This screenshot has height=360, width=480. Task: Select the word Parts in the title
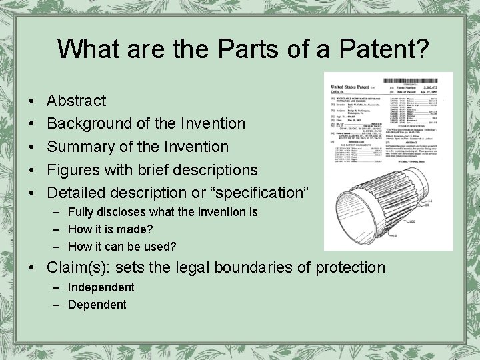(x=212, y=49)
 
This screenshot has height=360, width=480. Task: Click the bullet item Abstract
(x=76, y=101)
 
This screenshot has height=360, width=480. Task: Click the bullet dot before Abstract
(x=33, y=101)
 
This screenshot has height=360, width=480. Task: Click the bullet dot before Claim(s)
(x=33, y=268)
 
